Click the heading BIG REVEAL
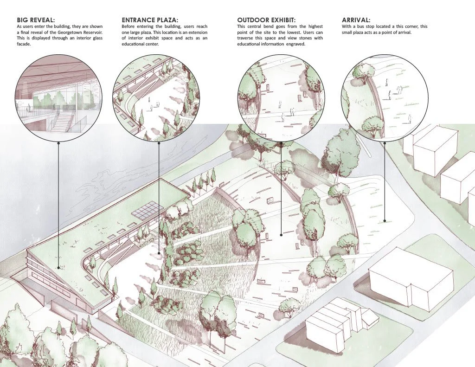(36, 20)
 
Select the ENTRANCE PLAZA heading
(149, 20)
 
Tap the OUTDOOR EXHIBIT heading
(266, 20)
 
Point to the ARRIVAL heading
(356, 20)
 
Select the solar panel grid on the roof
(147, 210)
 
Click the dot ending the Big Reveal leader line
(58, 268)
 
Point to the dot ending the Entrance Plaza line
(159, 254)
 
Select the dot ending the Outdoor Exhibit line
(281, 235)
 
